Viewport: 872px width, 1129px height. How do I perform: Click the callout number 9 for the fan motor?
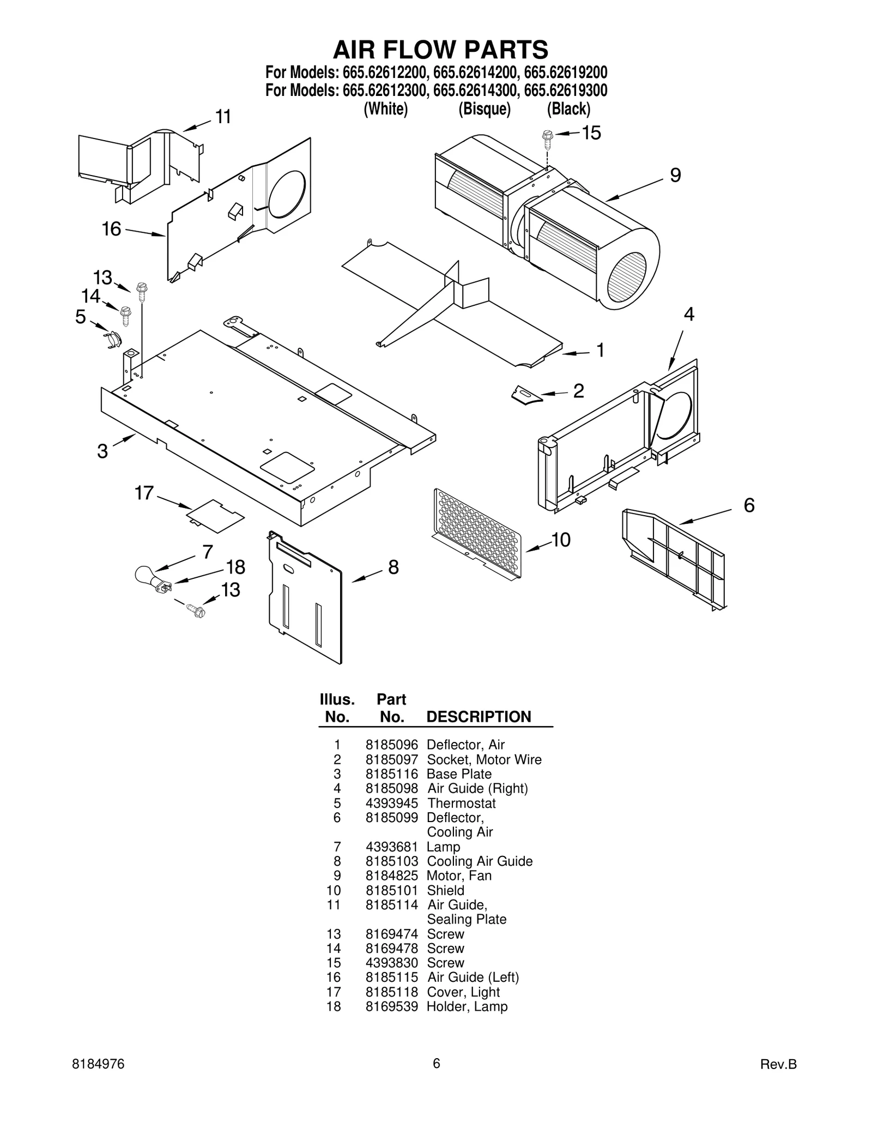[675, 176]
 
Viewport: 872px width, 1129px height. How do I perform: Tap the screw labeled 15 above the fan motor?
[547, 139]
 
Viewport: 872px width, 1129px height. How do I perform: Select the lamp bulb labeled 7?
[146, 575]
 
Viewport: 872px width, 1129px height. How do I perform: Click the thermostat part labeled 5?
[112, 340]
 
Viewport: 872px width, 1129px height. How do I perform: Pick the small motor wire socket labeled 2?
[526, 395]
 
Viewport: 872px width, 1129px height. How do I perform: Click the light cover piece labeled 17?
[215, 515]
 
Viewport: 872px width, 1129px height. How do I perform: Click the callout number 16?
[111, 229]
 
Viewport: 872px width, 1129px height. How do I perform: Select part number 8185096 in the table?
[391, 745]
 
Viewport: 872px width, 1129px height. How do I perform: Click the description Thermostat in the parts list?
[461, 803]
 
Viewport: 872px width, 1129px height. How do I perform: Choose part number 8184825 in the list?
[391, 876]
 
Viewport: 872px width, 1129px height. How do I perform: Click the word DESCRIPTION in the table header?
[479, 717]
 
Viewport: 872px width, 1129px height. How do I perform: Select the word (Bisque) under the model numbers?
[484, 109]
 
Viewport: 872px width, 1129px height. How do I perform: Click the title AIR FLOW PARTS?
[440, 50]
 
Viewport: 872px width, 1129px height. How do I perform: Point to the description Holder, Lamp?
[467, 1006]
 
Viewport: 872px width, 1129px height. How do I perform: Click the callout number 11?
[223, 117]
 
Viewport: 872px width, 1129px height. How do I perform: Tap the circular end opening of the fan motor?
[626, 277]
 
